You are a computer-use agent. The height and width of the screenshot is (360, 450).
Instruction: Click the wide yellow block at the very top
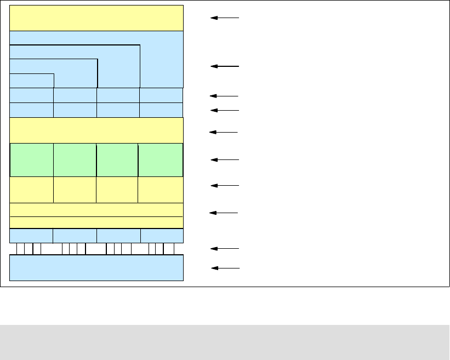click(x=96, y=18)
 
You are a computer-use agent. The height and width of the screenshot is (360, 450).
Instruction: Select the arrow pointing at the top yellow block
click(x=225, y=18)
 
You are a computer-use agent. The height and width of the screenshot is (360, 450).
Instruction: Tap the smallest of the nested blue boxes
click(x=32, y=80)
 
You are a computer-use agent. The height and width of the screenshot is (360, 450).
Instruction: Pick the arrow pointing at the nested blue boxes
click(x=225, y=66)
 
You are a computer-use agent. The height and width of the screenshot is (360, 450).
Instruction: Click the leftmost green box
click(x=32, y=160)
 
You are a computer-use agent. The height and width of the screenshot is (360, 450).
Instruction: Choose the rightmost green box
click(x=161, y=160)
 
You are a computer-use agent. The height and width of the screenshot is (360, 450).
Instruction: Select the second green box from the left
click(x=75, y=160)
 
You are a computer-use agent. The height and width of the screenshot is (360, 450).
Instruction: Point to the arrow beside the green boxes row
click(x=225, y=160)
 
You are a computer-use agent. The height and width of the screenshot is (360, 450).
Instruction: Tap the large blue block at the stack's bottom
click(x=96, y=268)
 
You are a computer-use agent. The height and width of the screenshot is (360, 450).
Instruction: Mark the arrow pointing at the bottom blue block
click(x=225, y=268)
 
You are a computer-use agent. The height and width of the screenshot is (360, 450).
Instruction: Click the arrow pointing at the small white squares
click(x=225, y=249)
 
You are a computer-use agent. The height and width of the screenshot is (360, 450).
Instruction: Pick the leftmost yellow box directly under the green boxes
click(x=32, y=190)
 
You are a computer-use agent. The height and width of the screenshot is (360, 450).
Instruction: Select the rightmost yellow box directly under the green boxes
click(x=161, y=190)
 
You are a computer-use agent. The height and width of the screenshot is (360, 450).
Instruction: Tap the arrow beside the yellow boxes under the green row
click(x=225, y=186)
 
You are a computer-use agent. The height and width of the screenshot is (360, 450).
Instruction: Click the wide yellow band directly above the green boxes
click(x=96, y=130)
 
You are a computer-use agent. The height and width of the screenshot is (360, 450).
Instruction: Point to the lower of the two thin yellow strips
click(x=96, y=222)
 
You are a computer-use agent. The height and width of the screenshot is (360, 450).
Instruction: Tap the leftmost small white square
click(x=21, y=249)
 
